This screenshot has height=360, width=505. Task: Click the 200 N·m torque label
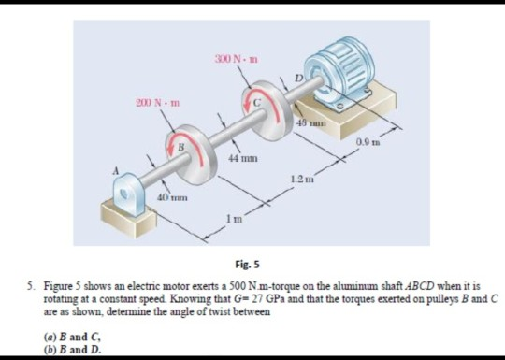tap(149, 100)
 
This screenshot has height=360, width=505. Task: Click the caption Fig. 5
tap(252, 266)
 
